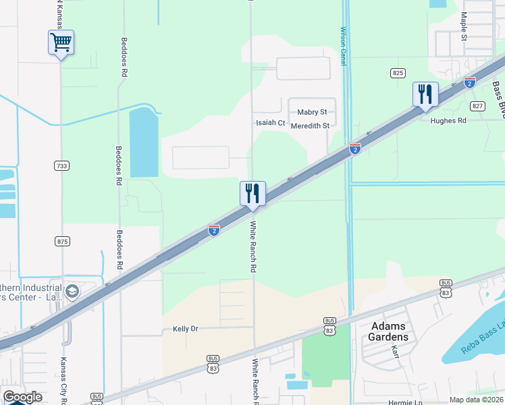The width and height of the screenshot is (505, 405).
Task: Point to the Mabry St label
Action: (312, 112)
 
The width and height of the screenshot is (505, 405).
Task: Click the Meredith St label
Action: (311, 126)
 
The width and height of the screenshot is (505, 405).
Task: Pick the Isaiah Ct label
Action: (270, 124)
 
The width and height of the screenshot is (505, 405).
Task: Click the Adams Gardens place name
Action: (390, 331)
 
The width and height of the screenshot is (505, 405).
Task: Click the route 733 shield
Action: (61, 165)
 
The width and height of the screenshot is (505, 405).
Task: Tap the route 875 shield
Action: (63, 241)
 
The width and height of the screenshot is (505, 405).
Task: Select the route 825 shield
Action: (398, 72)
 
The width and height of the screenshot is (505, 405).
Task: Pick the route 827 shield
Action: (478, 106)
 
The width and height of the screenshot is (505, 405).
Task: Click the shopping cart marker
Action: (61, 43)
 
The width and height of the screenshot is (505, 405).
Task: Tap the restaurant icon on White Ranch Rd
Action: (252, 194)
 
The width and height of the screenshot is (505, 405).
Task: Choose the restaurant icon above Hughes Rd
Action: (425, 94)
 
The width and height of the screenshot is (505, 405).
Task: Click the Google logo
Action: (22, 397)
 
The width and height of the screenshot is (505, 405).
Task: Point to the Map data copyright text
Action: (477, 400)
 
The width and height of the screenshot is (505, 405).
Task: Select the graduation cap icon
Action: (72, 291)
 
